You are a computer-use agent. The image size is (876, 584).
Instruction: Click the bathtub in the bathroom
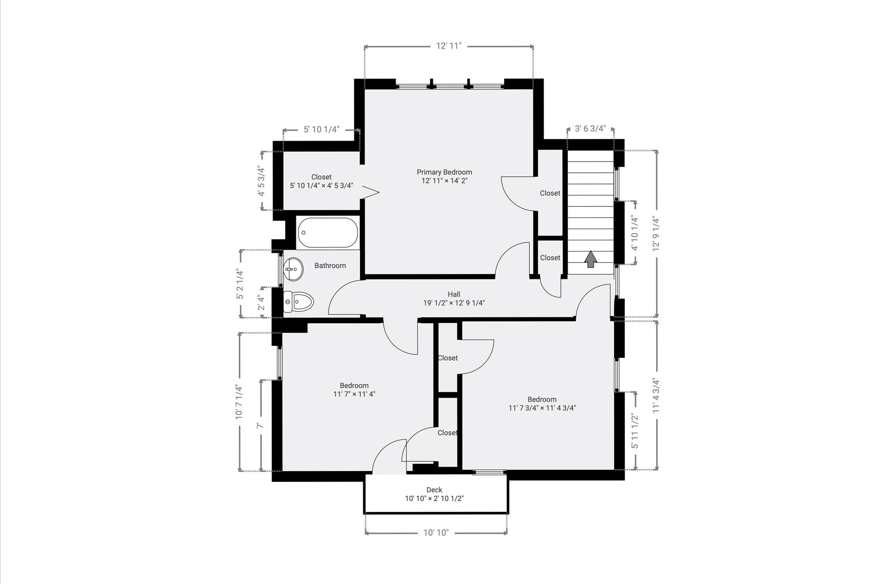(328, 233)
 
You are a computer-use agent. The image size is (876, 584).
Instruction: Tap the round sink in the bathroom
(293, 269)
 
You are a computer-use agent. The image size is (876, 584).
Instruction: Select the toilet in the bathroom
(298, 302)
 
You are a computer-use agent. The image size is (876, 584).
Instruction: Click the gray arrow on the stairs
(591, 259)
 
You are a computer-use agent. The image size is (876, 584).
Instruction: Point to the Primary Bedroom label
(444, 172)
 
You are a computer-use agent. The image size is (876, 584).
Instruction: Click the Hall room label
(454, 294)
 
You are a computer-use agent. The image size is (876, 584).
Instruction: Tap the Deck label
(434, 490)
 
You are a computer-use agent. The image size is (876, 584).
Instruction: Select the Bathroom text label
(330, 266)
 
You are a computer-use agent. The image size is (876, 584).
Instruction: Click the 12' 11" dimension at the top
(449, 46)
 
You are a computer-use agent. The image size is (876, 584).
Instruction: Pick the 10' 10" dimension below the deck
(436, 533)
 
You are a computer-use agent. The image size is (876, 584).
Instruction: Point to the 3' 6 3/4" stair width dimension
(590, 129)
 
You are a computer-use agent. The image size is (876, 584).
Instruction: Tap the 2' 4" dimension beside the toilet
(262, 303)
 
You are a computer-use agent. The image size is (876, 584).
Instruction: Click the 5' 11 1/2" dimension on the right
(635, 431)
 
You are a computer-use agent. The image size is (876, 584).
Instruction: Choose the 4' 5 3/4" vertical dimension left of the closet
(262, 181)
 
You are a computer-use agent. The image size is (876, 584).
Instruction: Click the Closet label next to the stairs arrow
(550, 258)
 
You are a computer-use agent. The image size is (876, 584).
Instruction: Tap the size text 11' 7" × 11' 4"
(354, 394)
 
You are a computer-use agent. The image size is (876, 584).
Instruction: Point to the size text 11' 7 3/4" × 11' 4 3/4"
(542, 408)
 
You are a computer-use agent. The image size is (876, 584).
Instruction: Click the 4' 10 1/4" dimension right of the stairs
(634, 233)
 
